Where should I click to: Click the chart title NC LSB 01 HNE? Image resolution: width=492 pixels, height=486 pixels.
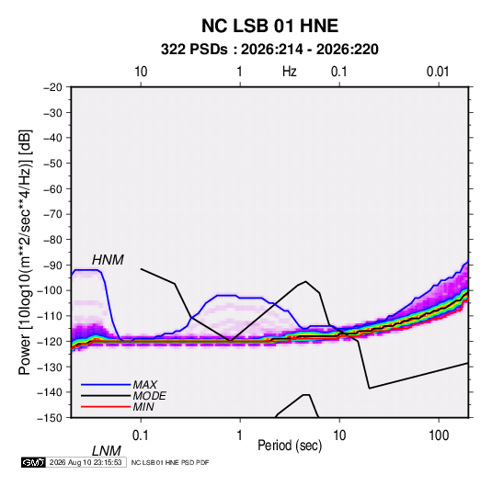(269, 26)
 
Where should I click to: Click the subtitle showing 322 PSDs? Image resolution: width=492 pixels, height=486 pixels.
(269, 50)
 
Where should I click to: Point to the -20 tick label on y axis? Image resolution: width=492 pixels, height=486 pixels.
(52, 87)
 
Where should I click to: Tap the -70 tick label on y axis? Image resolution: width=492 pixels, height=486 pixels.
(52, 214)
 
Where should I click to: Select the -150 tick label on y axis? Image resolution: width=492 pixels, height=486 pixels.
(51, 418)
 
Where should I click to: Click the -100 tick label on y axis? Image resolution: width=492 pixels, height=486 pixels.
(51, 290)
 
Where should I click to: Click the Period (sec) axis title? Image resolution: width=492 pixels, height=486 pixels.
(290, 446)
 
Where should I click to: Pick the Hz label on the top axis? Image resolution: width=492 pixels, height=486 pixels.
(290, 72)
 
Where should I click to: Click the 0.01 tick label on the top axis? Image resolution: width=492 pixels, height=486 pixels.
(438, 72)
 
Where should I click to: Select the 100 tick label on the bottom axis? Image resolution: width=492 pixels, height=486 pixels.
(439, 435)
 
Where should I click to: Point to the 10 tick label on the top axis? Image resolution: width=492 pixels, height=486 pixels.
(141, 72)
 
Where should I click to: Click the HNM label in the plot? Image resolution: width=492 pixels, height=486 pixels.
(108, 260)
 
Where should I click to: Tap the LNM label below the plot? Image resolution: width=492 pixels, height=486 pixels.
(107, 451)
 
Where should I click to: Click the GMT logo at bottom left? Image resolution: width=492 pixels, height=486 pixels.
(33, 462)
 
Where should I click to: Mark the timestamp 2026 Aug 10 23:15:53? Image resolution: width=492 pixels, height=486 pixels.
(86, 462)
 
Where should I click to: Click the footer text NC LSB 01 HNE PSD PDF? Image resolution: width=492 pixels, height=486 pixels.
(170, 462)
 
